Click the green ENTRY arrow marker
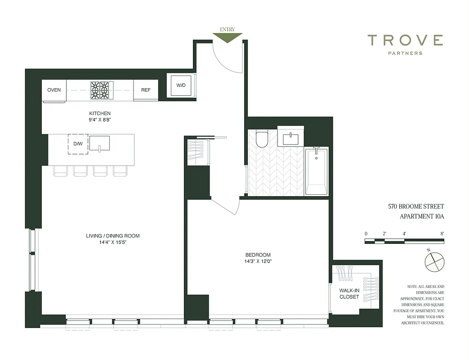[x=227, y=38]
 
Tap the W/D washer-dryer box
[x=181, y=85]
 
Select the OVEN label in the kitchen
[x=54, y=90]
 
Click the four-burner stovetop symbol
[x=100, y=90]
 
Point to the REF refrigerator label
[x=146, y=90]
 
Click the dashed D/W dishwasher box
[x=78, y=144]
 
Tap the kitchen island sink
[x=99, y=143]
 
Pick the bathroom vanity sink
[x=291, y=137]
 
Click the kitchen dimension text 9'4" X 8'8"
[x=100, y=120]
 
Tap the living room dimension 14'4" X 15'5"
[x=113, y=243]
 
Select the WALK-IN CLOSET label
[x=349, y=293]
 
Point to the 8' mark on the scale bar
[x=442, y=234]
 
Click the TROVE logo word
[x=405, y=40]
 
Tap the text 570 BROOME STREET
[x=416, y=207]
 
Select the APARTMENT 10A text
[x=422, y=216]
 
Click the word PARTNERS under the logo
[x=405, y=53]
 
